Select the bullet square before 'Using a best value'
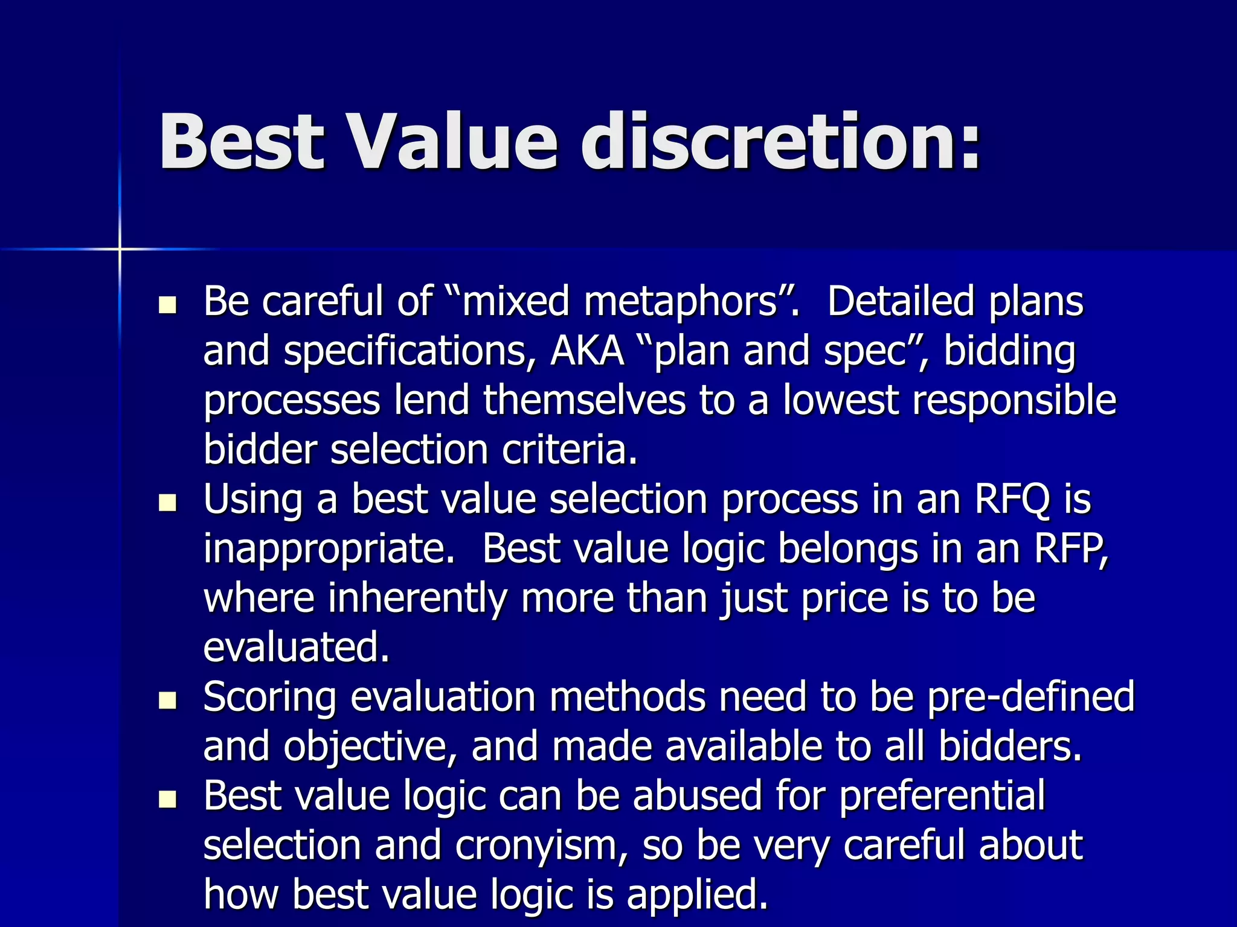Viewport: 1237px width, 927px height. tap(167, 502)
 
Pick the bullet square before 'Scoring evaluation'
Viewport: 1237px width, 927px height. tap(167, 700)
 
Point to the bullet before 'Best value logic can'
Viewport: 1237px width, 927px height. tap(167, 799)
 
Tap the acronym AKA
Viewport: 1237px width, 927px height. tap(586, 351)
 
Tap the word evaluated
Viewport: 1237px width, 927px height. tap(296, 648)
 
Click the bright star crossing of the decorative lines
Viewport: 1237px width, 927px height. tap(120, 249)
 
